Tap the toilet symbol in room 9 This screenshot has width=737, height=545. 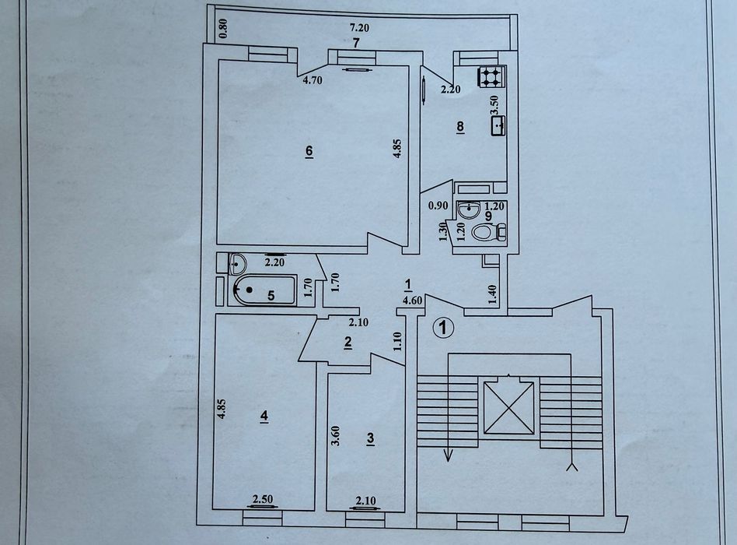pos(489,232)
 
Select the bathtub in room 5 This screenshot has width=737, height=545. pos(264,290)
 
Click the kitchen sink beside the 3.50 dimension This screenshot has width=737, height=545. pos(498,126)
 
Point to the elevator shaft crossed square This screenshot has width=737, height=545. pos(509,407)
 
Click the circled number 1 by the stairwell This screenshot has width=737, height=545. pos(442,328)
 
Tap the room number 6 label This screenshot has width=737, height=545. pos(309,152)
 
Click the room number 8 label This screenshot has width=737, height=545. pos(460,127)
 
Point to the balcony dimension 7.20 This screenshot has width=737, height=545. pos(360,28)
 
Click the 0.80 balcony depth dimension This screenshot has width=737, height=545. pos(224,28)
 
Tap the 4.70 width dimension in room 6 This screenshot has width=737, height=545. pos(313,80)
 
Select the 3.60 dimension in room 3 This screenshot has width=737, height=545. pos(335,436)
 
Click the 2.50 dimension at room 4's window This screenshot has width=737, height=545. pos(263,499)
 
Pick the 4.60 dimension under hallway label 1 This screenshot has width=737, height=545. pos(412,301)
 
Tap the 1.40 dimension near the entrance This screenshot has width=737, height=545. pos(492,295)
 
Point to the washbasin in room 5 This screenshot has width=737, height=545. pos(236,263)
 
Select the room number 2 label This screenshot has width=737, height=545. pos(348,343)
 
